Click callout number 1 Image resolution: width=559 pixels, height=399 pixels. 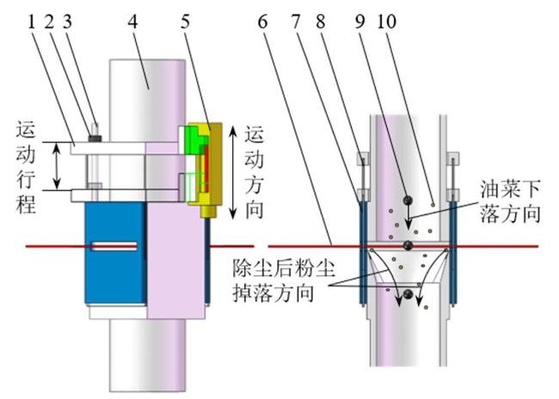pos(32,22)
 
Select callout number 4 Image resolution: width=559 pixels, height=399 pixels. pos(132,22)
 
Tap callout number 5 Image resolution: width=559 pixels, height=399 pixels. pos(185,22)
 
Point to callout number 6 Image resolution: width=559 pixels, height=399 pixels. pos(262,22)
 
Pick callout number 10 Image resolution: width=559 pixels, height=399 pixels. pos(386,22)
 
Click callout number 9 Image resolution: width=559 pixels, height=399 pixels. pos(360,22)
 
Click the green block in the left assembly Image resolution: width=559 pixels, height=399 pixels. pos(194,141)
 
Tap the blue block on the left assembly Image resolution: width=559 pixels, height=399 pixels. pos(115,253)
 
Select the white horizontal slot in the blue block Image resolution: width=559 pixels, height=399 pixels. pos(114,246)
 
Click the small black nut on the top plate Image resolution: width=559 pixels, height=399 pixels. pos(95,138)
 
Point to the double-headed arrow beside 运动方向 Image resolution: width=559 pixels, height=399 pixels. pos(232,173)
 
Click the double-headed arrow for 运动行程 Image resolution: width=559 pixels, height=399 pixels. pos(57,166)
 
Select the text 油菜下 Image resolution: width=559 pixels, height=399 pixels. pos(510,189)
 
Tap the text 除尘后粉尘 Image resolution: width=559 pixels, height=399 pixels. pos(284,268)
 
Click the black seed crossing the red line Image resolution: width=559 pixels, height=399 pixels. pos(408,246)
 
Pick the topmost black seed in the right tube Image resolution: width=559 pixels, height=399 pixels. pos(408,200)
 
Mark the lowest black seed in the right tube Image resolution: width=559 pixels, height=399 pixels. pos(408,295)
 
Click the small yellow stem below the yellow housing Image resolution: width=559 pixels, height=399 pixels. pos(209,212)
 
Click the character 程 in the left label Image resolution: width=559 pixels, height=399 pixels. pos(26,205)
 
